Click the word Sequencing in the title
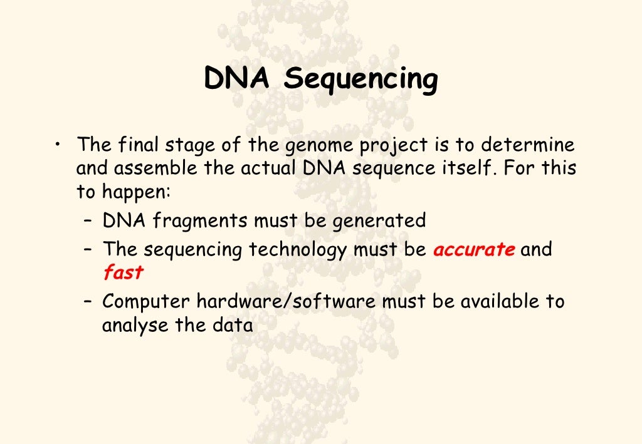(x=360, y=80)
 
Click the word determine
(x=527, y=145)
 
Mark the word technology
(x=298, y=250)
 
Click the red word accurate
(x=474, y=250)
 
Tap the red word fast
(x=123, y=273)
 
